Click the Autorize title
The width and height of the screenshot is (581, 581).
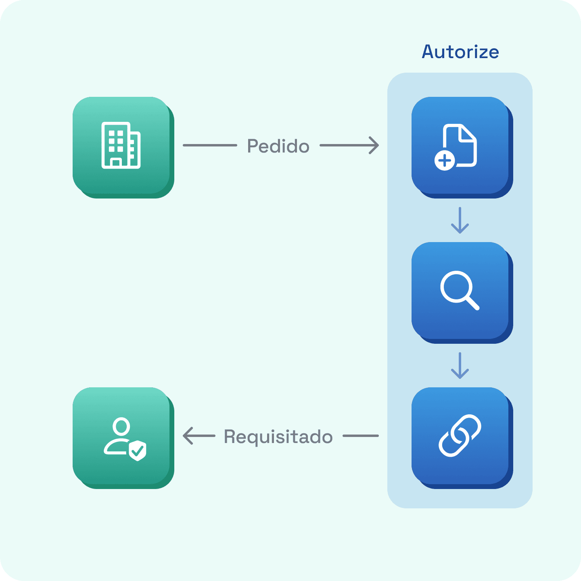pos(460,52)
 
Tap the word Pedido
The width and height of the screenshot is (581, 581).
pos(278,146)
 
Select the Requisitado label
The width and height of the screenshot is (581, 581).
pos(278,437)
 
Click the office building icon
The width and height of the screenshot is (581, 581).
pos(121,145)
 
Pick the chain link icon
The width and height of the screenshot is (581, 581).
pos(460,436)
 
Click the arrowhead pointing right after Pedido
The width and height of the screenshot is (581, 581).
pos(374,145)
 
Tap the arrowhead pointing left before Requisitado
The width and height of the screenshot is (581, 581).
pos(188,436)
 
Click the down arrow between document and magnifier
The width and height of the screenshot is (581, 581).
pos(460,221)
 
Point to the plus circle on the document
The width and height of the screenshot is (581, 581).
pos(445,161)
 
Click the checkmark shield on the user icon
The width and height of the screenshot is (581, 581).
pos(138,450)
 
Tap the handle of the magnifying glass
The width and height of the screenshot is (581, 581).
pos(472,303)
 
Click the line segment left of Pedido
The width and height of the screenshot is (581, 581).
pos(210,145)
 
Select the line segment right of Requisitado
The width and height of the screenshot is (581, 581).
pos(361,436)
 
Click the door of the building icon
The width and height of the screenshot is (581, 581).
pos(116,163)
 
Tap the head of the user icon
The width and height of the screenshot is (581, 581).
pos(121,426)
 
